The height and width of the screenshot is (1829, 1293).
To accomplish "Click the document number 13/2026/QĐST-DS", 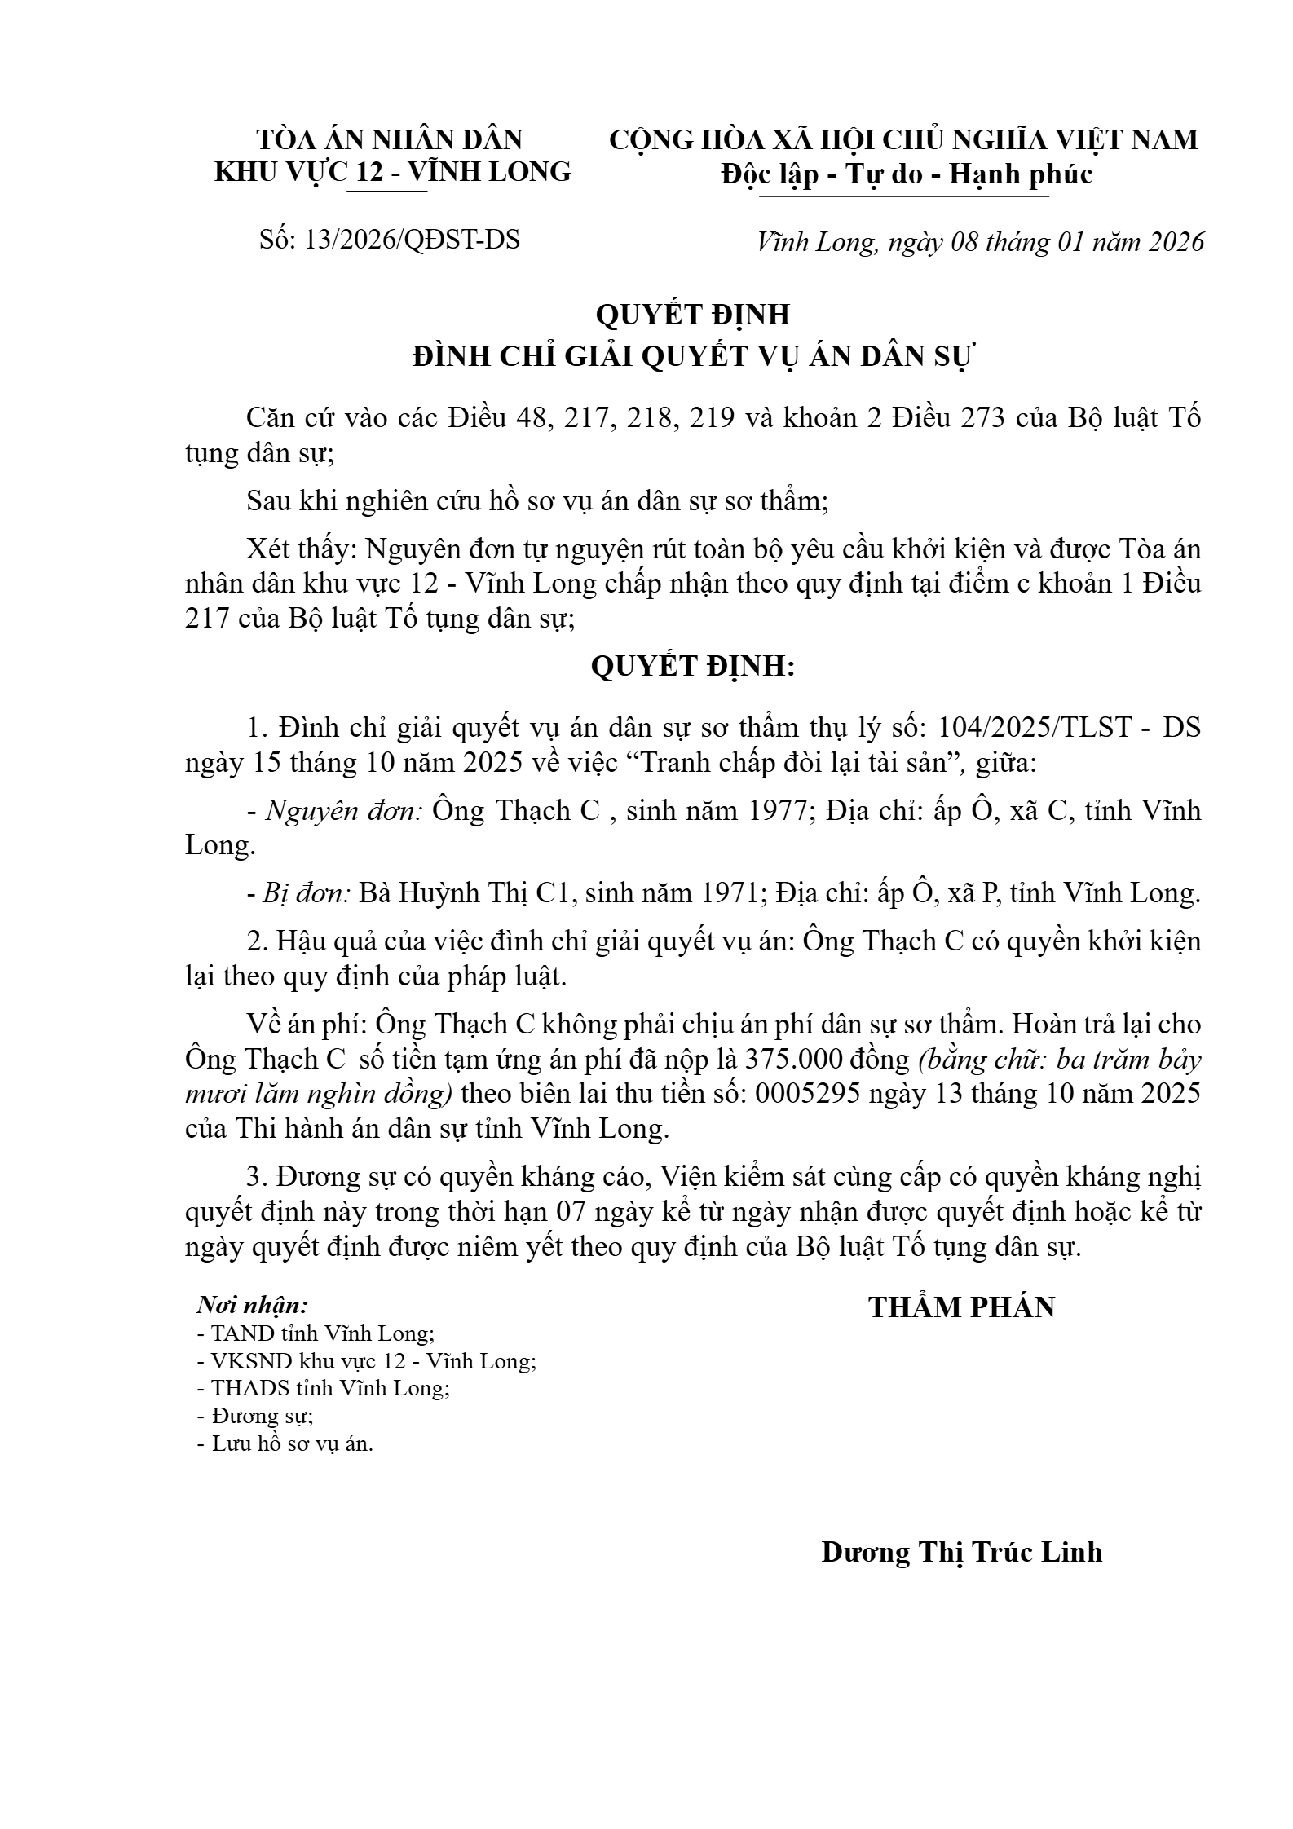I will [411, 240].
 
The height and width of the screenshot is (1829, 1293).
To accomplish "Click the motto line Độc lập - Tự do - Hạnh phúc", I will [906, 174].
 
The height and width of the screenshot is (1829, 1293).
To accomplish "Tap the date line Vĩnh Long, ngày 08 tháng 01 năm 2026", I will [980, 242].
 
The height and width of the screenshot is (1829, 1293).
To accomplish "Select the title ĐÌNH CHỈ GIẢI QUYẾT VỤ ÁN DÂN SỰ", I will [692, 357].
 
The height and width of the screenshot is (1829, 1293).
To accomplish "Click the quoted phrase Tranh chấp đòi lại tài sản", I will [797, 764].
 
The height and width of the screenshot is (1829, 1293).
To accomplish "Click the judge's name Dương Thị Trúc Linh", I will [961, 1552].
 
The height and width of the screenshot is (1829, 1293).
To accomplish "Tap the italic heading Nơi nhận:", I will [253, 1305].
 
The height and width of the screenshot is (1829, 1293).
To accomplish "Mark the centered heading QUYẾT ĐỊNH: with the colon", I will [692, 667].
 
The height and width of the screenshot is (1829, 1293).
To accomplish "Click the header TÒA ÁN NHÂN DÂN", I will [390, 139].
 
